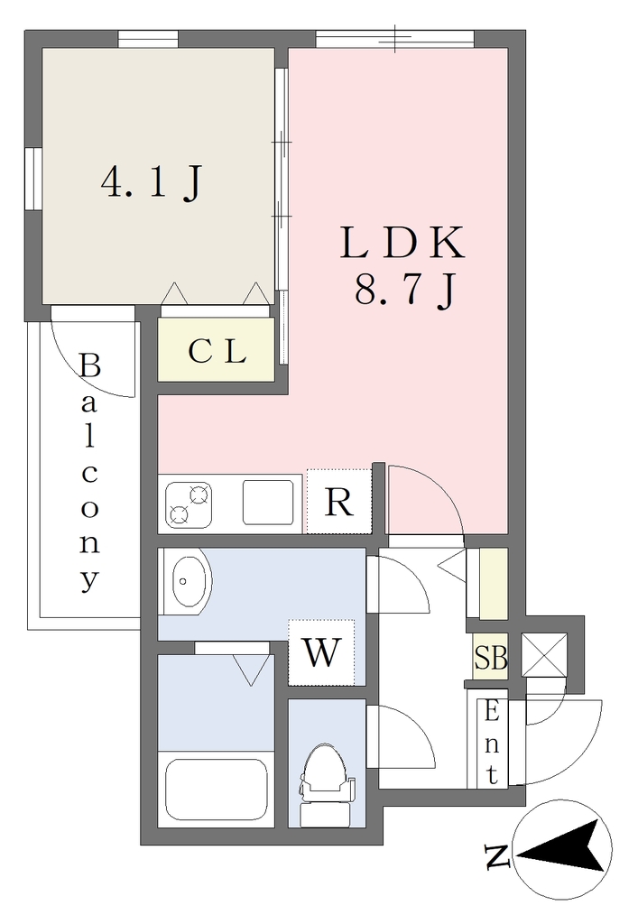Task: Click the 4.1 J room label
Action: (152, 182)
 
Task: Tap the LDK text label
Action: (403, 242)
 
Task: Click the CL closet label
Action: (217, 352)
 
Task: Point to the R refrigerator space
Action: (339, 502)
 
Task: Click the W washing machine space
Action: (321, 652)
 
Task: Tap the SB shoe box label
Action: (491, 658)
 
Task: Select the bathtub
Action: (217, 790)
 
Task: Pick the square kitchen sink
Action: (269, 502)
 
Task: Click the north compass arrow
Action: (562, 850)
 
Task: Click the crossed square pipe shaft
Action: (544, 654)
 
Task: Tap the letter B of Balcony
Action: (90, 365)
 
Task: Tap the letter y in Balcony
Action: (89, 580)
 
